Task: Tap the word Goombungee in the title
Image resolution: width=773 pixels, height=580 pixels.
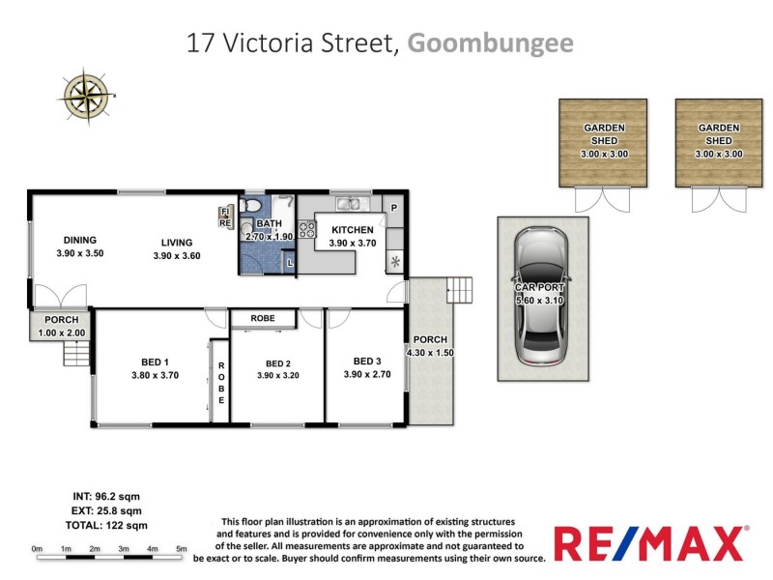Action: (x=490, y=43)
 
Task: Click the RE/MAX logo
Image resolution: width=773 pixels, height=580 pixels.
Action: (x=650, y=543)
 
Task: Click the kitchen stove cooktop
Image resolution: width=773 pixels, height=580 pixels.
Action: (x=308, y=230)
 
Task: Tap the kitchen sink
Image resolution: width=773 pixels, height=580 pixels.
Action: (x=350, y=204)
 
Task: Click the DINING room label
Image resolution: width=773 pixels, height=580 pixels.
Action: (x=80, y=241)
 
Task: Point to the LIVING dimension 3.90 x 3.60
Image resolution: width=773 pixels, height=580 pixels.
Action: (x=177, y=255)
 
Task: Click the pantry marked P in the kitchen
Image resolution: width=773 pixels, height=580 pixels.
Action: (x=393, y=207)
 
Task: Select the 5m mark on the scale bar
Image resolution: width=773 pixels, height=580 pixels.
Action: (x=181, y=549)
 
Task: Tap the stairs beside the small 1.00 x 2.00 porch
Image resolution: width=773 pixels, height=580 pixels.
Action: (x=76, y=355)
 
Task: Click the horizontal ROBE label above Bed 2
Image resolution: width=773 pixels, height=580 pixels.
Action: (x=262, y=317)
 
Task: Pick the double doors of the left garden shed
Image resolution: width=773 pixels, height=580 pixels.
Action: (x=601, y=200)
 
